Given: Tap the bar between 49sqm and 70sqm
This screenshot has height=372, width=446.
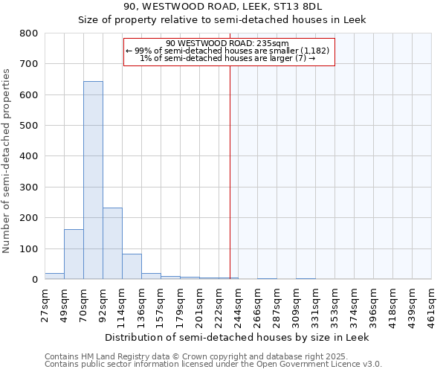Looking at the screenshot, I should pyautogui.click(x=74, y=254).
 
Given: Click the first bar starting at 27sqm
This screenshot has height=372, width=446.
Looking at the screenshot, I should pyautogui.click(x=54, y=276).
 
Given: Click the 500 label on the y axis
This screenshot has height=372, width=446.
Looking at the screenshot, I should pyautogui.click(x=29, y=126).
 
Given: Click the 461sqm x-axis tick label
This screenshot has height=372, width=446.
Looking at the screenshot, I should pyautogui.click(x=432, y=304).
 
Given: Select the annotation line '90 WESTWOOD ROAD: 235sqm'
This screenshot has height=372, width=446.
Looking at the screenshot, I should pyautogui.click(x=229, y=44).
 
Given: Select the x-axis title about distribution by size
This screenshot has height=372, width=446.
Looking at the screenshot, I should pyautogui.click(x=236, y=337).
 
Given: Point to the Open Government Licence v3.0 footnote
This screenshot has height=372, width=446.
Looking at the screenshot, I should pyautogui.click(x=213, y=365).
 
